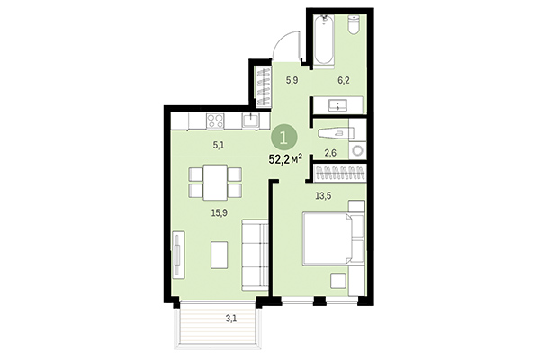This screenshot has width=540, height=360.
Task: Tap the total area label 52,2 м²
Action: coord(285,160)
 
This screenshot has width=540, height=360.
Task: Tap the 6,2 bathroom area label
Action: coord(342,81)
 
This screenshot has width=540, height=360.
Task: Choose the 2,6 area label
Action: coord(330,154)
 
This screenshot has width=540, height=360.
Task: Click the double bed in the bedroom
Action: coord(331,238)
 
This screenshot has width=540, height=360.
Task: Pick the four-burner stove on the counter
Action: coord(216,121)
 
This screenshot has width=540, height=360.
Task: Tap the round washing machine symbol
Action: coord(358,150)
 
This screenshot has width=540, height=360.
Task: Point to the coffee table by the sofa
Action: coord(219,255)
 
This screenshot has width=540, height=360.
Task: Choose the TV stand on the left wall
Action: coord(178,255)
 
